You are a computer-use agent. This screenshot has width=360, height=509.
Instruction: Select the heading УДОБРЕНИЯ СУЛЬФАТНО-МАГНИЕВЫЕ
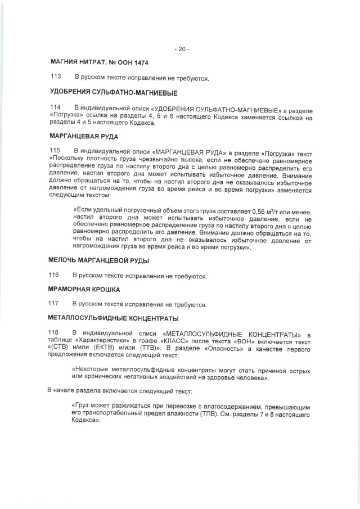coord(110,92)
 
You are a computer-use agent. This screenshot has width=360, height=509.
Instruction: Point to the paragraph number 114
coord(55,107)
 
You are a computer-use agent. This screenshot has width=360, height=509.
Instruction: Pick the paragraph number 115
coord(55,151)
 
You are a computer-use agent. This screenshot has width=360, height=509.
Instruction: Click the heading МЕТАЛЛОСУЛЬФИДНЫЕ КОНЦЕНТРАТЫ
coord(110,318)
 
